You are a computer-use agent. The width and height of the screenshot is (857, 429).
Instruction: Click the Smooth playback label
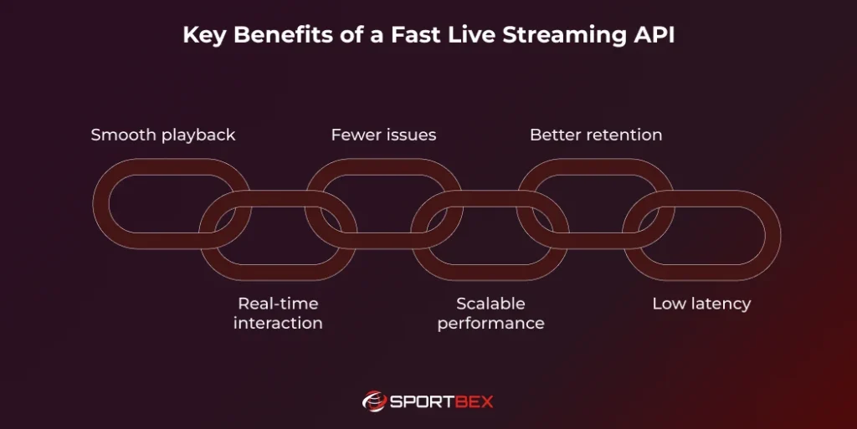pos(163,135)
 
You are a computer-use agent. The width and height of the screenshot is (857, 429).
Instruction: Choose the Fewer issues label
pos(383,135)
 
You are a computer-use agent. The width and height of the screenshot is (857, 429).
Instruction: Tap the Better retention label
pos(596,135)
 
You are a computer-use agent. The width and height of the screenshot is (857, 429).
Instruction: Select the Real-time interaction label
pos(278,314)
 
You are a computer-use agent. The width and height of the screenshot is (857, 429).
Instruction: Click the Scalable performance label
pos(490,314)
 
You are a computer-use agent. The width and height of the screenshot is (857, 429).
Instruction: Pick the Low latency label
pos(701,304)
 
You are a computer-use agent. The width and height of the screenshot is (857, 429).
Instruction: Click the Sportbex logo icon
pos(373,401)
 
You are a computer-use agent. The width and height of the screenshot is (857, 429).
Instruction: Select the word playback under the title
pos(199,135)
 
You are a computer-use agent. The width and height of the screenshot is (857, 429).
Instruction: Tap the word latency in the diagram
pos(721,304)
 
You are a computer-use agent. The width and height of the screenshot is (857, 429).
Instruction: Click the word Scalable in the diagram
pos(490,304)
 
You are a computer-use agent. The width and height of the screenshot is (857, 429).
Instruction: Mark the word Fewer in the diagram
pos(354,135)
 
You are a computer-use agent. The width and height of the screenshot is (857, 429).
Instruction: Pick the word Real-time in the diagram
pos(278,304)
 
